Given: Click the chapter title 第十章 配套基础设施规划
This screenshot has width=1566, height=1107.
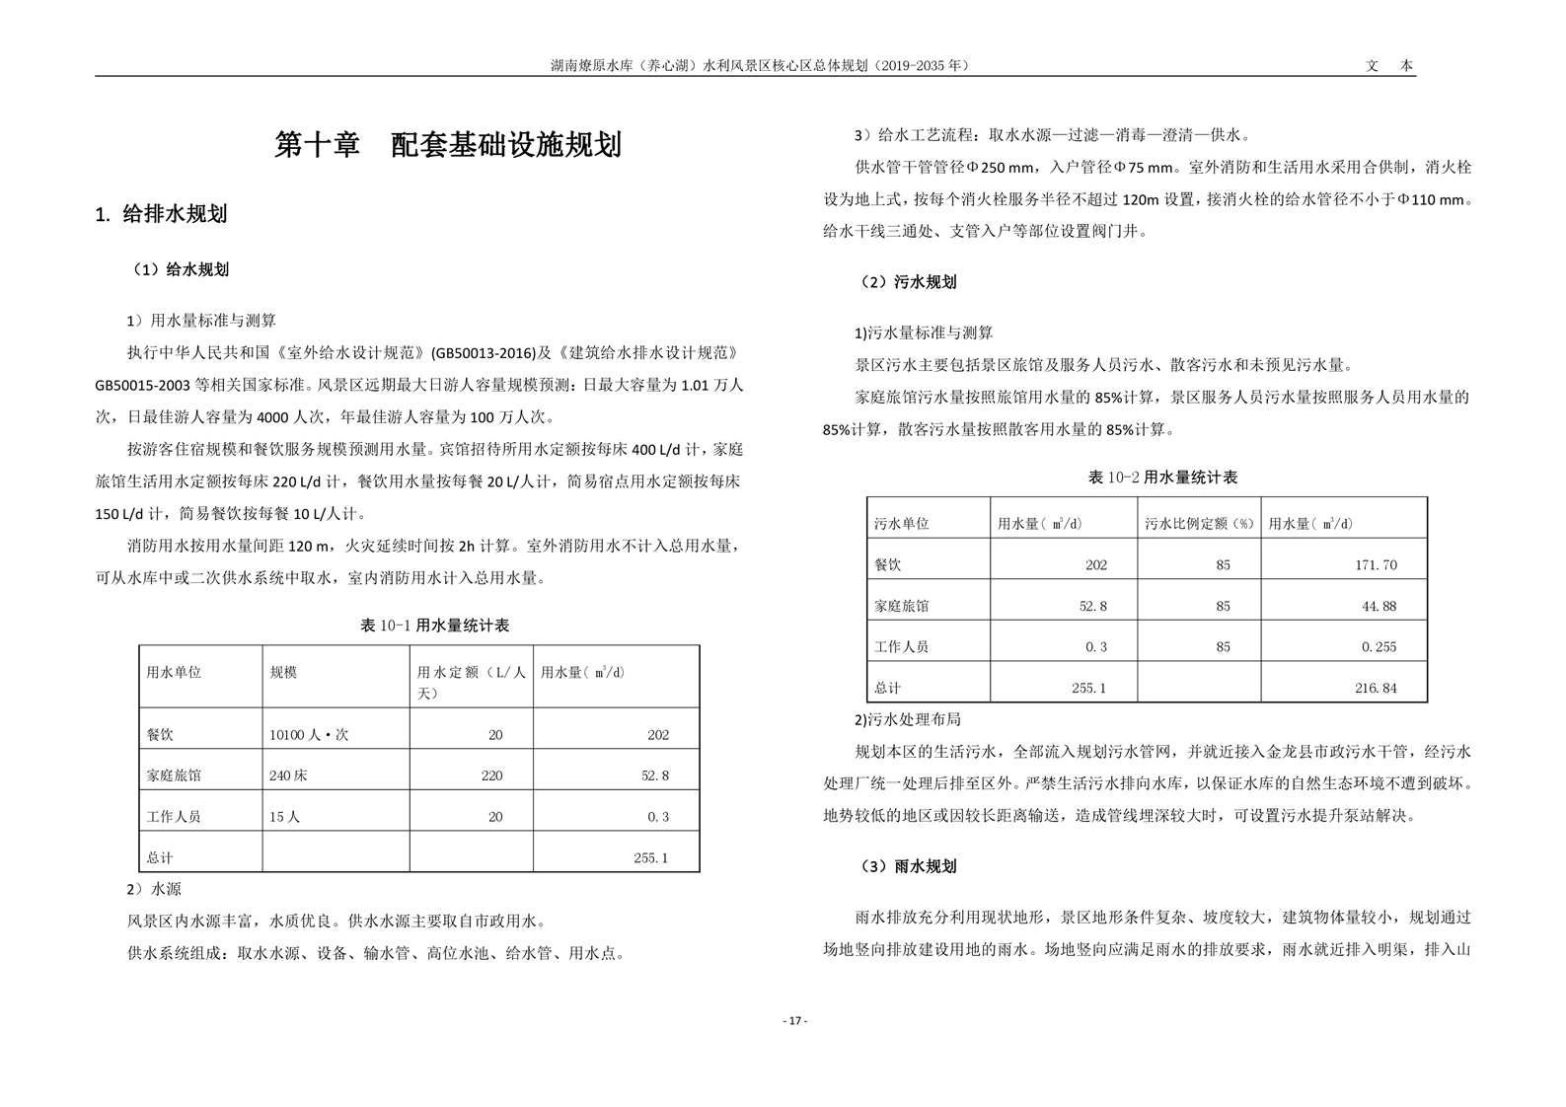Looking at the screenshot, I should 447,145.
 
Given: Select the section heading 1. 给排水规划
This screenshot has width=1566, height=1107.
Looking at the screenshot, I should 161,214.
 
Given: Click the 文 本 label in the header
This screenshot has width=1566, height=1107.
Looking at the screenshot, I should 1389,66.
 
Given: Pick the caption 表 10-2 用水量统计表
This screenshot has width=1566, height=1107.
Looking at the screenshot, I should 1162,478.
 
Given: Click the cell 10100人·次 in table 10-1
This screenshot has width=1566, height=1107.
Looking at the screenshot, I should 309,735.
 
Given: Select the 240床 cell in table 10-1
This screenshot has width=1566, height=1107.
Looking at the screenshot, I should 288,775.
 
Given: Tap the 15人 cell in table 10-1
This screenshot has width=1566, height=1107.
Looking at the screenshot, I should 285,817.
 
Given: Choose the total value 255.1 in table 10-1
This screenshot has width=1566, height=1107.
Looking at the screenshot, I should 650,858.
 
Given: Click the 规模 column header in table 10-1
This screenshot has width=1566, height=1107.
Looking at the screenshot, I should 283,672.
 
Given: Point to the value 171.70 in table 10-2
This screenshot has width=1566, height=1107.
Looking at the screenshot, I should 1376,565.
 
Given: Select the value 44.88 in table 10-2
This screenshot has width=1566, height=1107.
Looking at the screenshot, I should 1379,607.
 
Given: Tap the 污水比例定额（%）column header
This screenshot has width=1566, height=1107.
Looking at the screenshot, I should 1198,524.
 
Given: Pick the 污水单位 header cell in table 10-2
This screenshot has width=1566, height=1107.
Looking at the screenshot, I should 902,524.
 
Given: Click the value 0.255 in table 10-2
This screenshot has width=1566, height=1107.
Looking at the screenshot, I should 1379,647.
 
